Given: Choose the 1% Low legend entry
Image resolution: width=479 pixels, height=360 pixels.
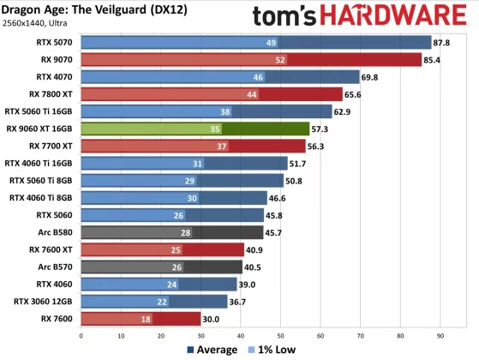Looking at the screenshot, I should pyautogui.click(x=272, y=350).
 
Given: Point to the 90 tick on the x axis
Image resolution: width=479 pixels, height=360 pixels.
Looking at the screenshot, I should pyautogui.click(x=440, y=335).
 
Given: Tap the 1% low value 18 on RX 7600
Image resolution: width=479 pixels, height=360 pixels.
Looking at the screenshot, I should pyautogui.click(x=146, y=319).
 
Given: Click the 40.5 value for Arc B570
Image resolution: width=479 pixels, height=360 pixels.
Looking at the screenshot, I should pyautogui.click(x=254, y=267).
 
